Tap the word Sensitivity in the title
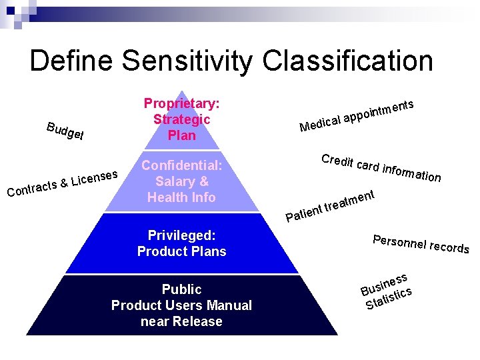(186, 61)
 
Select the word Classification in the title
(347, 61)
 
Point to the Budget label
(65, 132)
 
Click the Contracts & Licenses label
(63, 183)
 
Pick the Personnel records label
(421, 245)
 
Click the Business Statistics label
(387, 291)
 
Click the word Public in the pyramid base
(181, 289)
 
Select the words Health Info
(181, 197)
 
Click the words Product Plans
(181, 251)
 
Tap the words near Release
(181, 321)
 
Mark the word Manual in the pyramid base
(230, 305)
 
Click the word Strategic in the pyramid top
(181, 119)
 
